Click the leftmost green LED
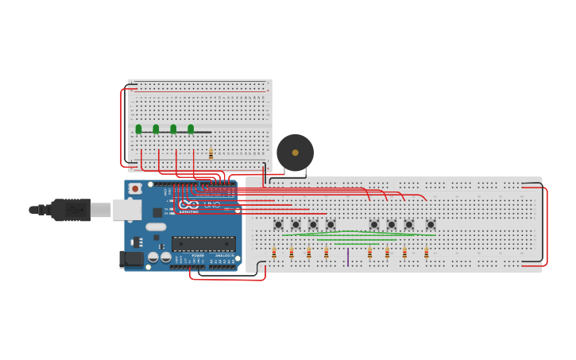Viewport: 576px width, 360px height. (138, 129)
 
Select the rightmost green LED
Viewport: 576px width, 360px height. (191, 129)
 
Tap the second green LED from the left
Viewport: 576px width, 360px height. (156, 129)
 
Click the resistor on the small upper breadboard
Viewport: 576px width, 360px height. (211, 153)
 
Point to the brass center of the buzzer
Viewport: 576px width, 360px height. (296, 153)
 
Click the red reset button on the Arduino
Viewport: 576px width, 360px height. (135, 189)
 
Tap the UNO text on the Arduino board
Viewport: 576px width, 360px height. (212, 204)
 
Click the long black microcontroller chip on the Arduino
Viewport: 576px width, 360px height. (203, 244)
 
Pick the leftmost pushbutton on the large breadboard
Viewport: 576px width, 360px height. (278, 225)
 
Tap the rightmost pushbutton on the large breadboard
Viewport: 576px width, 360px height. (431, 225)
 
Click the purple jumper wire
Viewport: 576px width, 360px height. (348, 257)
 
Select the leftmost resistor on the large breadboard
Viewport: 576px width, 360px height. (274, 253)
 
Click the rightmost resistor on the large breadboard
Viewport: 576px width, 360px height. (427, 253)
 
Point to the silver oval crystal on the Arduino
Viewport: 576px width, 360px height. (156, 227)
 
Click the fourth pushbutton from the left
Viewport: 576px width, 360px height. (331, 225)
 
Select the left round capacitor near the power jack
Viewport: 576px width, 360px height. (153, 257)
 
